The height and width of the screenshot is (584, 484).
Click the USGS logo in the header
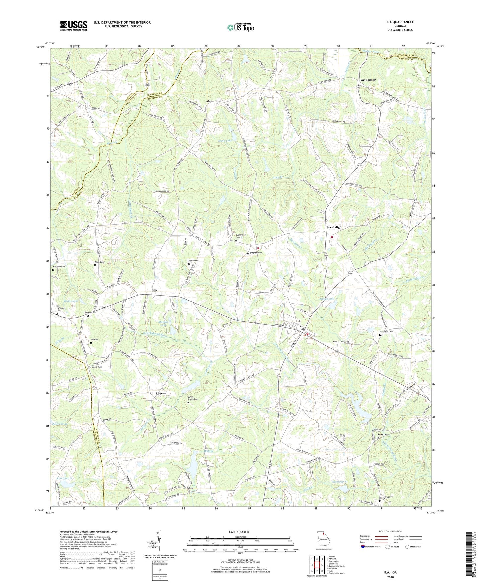[74, 26]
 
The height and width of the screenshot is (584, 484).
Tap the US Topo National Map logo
[240, 27]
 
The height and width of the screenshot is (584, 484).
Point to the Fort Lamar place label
[367, 80]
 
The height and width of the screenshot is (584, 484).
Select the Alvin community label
[210, 101]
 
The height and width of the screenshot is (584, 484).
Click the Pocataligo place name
[334, 227]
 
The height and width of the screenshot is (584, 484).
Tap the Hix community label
[154, 291]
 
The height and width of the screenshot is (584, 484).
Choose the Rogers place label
[161, 393]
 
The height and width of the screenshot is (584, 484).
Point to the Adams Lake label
[327, 299]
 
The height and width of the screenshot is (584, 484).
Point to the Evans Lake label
[71, 301]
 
